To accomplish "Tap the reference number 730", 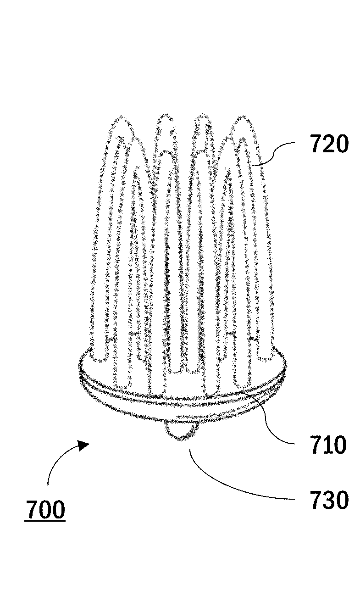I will tap(329, 500).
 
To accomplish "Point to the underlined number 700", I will tap(45, 509).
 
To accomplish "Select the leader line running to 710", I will tap(271, 418).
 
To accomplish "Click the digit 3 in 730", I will tap(329, 500).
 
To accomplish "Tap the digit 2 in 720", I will tap(329, 145).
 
